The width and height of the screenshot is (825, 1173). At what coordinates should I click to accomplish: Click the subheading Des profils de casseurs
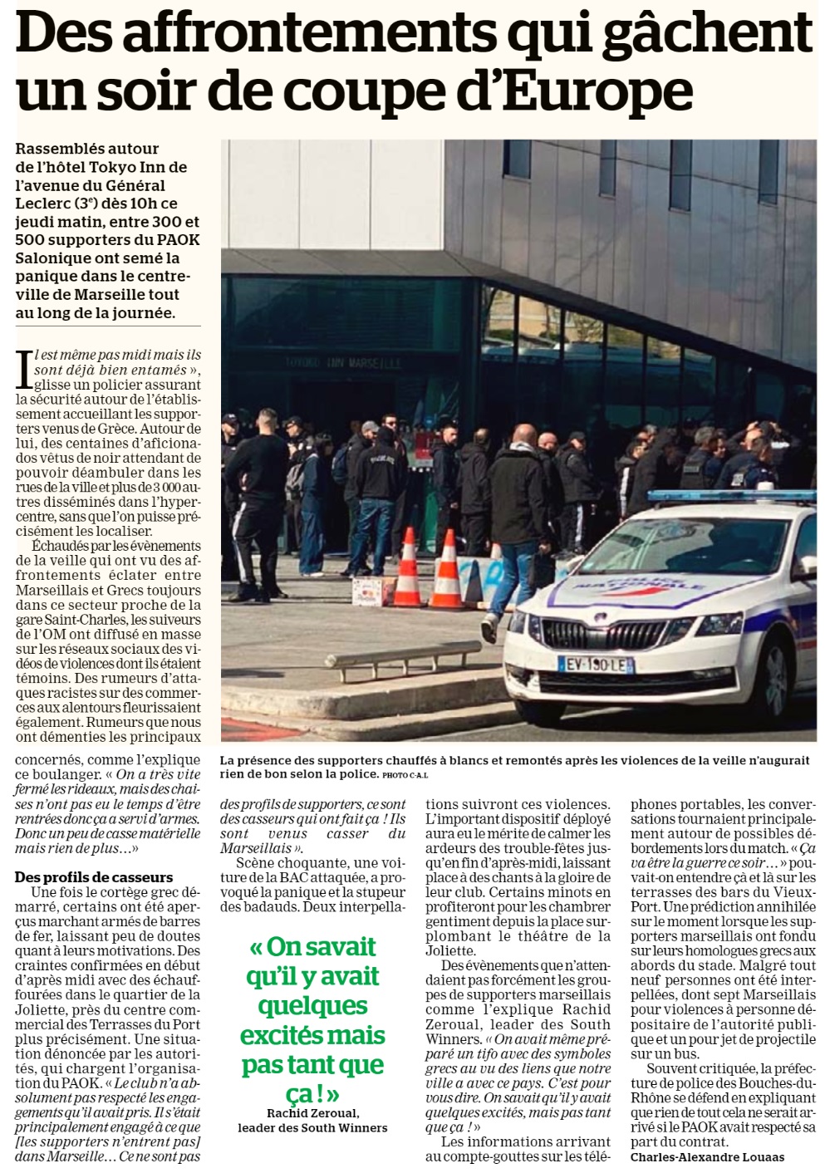click(x=94, y=877)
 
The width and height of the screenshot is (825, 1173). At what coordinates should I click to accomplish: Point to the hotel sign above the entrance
click(x=343, y=364)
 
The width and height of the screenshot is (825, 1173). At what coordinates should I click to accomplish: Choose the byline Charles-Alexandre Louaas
click(x=707, y=1157)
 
